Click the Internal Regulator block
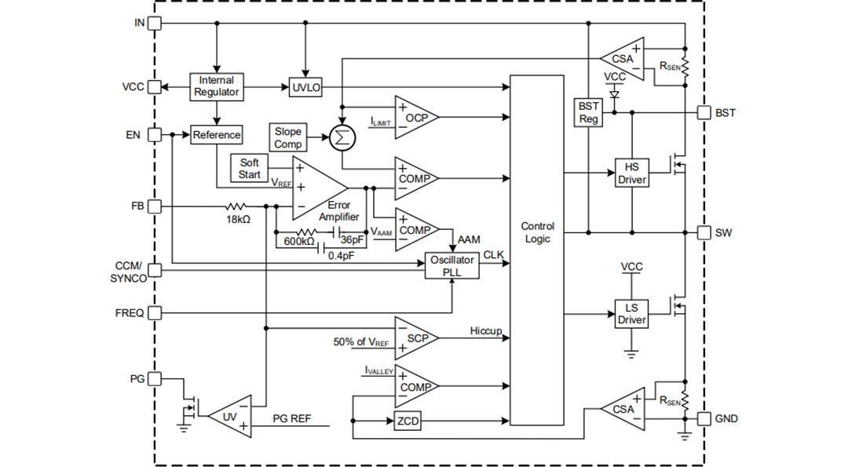[x=216, y=86]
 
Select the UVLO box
[x=306, y=88]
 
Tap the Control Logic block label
[x=537, y=233]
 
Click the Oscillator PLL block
[x=451, y=266]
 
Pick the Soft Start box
[x=249, y=169]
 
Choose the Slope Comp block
[x=288, y=138]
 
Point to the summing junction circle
[x=342, y=138]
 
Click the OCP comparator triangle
[x=413, y=118]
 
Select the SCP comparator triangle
[x=413, y=338]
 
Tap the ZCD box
[x=408, y=421]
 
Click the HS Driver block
[x=631, y=173]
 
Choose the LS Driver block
[x=631, y=314]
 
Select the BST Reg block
[x=589, y=113]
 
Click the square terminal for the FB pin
[x=154, y=206]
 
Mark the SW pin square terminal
[x=704, y=232]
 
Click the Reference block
[x=217, y=135]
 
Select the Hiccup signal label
[x=486, y=331]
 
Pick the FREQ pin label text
[x=129, y=313]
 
